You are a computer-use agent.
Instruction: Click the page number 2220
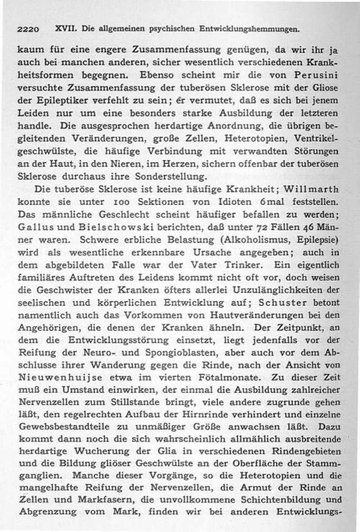click(x=28, y=30)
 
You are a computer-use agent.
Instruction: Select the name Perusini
click(x=314, y=73)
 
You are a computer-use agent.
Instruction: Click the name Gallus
click(x=36, y=225)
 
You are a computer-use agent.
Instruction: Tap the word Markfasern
click(x=97, y=499)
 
